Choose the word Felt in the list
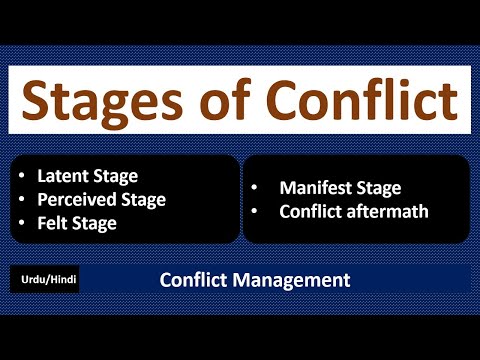[55, 223]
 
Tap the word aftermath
[384, 211]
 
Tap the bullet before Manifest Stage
[258, 187]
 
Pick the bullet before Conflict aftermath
[258, 211]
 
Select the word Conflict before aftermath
[311, 211]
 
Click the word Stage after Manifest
[379, 187]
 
